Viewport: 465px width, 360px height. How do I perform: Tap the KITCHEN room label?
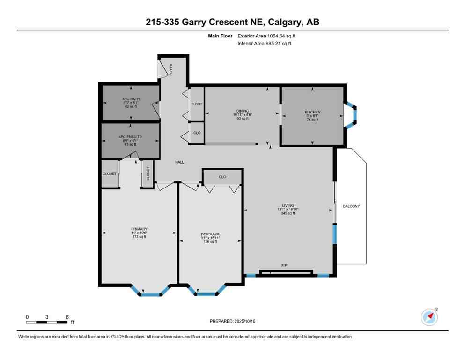(312, 112)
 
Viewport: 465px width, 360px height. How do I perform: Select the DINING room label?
(242, 111)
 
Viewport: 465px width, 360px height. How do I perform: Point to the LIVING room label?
(288, 205)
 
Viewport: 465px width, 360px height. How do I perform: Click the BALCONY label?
(351, 206)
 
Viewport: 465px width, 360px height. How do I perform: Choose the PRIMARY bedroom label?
(139, 229)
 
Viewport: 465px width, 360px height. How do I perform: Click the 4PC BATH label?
(131, 99)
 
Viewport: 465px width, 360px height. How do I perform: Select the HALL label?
(179, 162)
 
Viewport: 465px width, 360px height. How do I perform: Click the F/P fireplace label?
(284, 266)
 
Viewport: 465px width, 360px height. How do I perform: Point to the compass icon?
(429, 317)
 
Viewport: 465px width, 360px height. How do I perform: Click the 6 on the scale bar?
(67, 317)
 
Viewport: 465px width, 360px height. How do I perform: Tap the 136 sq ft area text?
(210, 242)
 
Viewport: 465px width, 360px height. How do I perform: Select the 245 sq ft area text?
(288, 213)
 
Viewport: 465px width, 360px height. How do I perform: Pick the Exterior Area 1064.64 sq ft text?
(266, 36)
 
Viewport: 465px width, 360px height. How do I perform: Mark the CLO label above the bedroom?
(222, 177)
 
